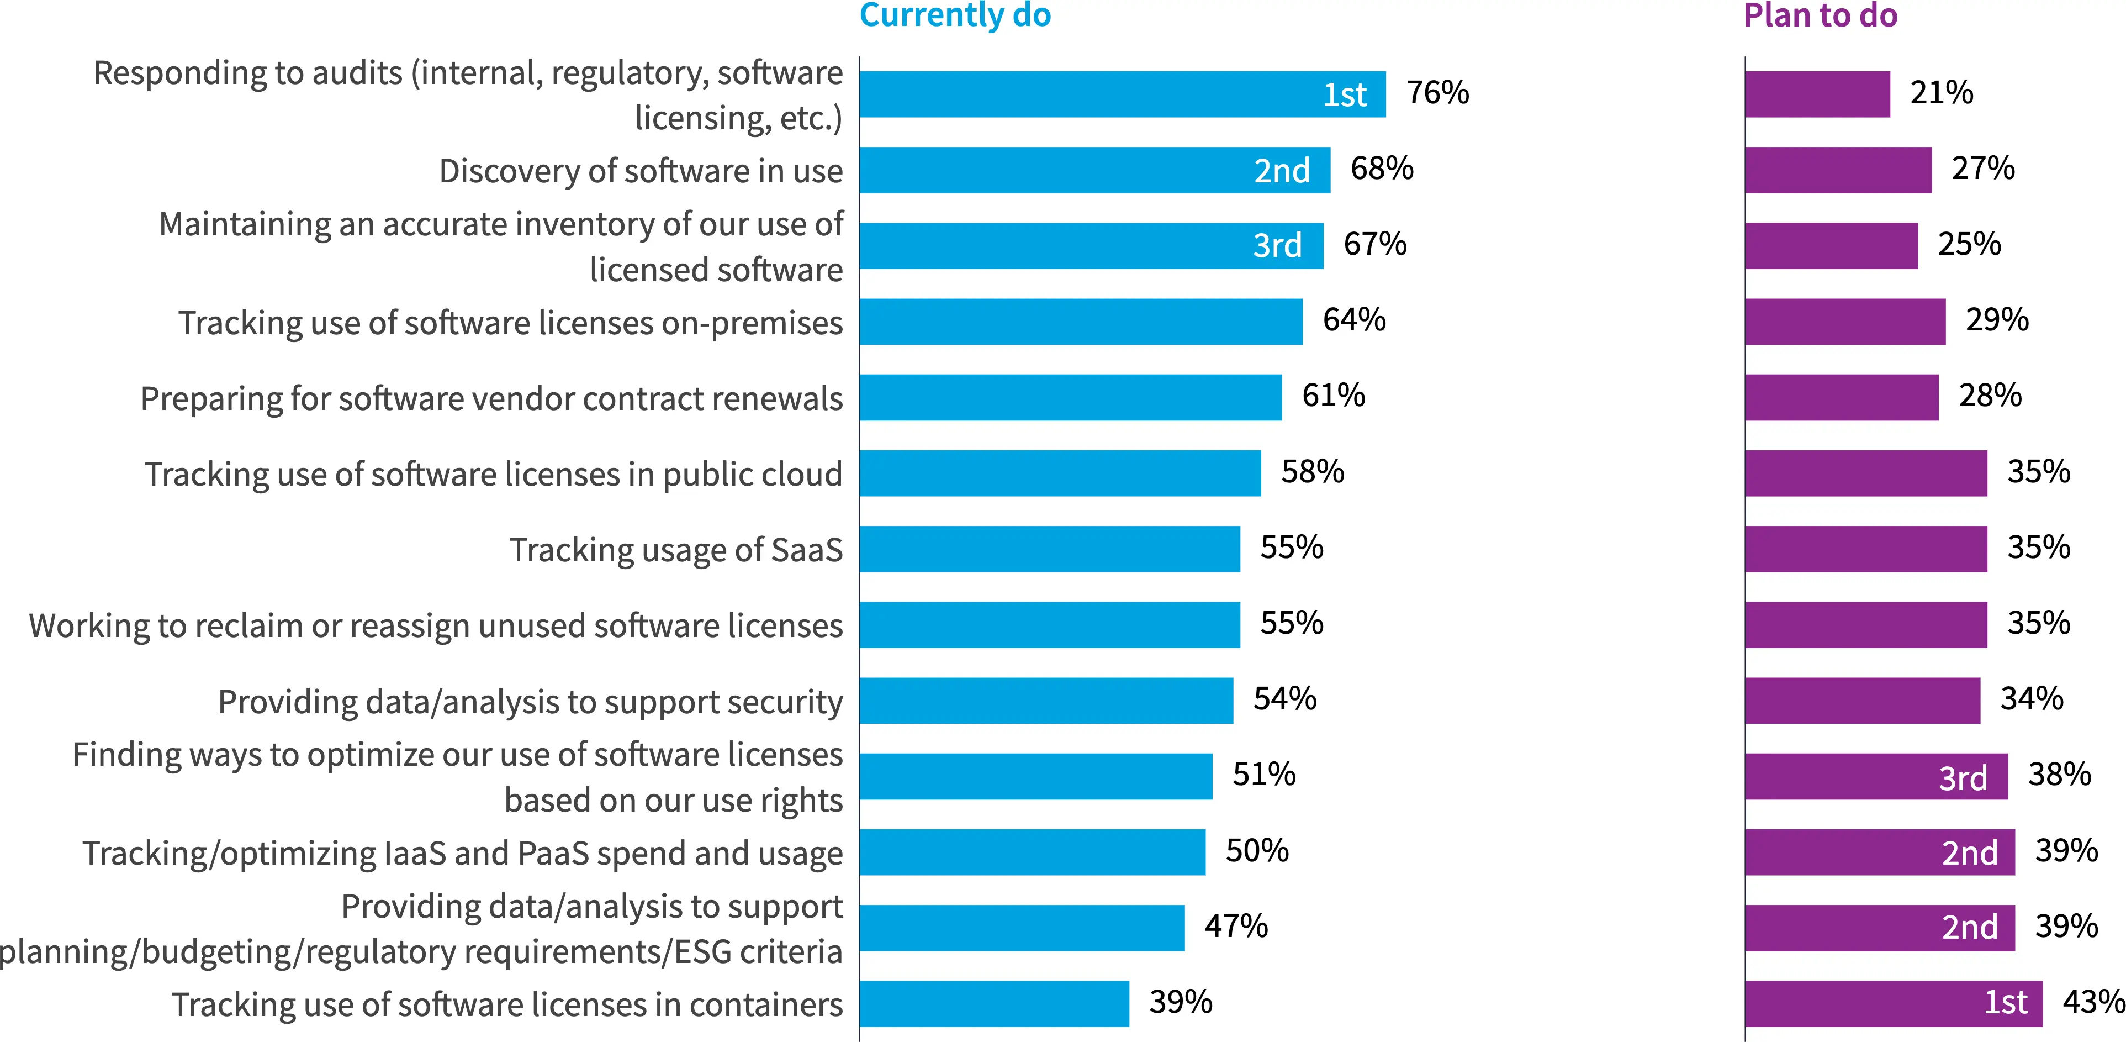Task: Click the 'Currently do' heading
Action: click(x=955, y=15)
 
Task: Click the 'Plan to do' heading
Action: click(x=1820, y=15)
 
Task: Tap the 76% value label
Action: click(x=1438, y=92)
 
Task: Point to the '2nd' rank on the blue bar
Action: click(x=1282, y=170)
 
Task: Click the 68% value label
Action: click(x=1382, y=169)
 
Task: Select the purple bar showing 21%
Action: click(x=1817, y=94)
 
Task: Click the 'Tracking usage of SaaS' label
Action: click(x=676, y=550)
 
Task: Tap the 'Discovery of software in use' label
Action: click(x=641, y=171)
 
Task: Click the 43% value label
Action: click(x=2093, y=1002)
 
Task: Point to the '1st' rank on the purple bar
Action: click(x=2006, y=1002)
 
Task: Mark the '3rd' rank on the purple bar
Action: click(x=1963, y=778)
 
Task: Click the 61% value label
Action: click(x=1333, y=396)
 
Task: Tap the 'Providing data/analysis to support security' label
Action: click(x=530, y=702)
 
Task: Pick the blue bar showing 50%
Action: click(x=1032, y=852)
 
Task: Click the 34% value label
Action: click(x=2031, y=698)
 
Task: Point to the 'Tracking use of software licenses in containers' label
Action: click(x=507, y=1005)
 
